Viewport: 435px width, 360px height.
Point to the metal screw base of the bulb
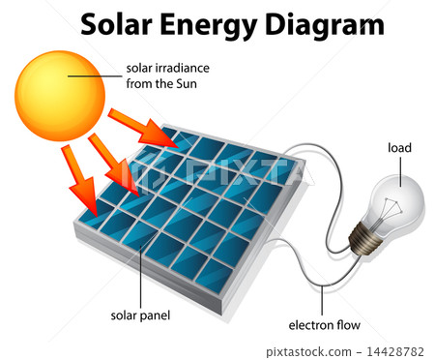(x=366, y=236)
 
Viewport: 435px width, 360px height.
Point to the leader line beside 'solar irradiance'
(x=97, y=70)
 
